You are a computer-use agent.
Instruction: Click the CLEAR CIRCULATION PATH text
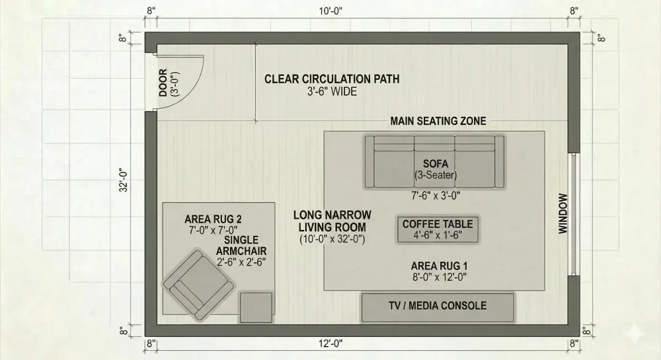click(x=332, y=79)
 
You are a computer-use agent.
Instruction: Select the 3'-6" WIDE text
click(x=332, y=92)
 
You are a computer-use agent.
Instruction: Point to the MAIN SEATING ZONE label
click(x=438, y=121)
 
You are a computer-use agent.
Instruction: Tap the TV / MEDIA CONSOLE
click(x=438, y=306)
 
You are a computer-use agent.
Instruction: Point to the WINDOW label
click(x=563, y=213)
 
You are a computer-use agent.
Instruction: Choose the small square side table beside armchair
click(x=256, y=307)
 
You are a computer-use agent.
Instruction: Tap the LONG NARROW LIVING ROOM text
click(x=332, y=221)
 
